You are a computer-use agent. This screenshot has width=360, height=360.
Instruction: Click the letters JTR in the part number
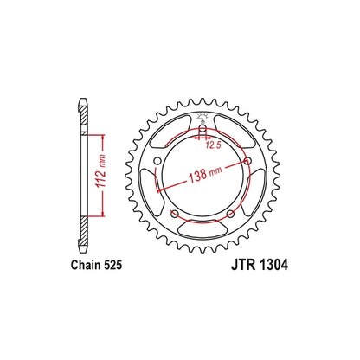tap(228, 269)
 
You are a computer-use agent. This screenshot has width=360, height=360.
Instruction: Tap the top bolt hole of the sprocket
tap(202, 132)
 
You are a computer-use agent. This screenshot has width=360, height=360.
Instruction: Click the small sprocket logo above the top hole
tap(202, 118)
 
